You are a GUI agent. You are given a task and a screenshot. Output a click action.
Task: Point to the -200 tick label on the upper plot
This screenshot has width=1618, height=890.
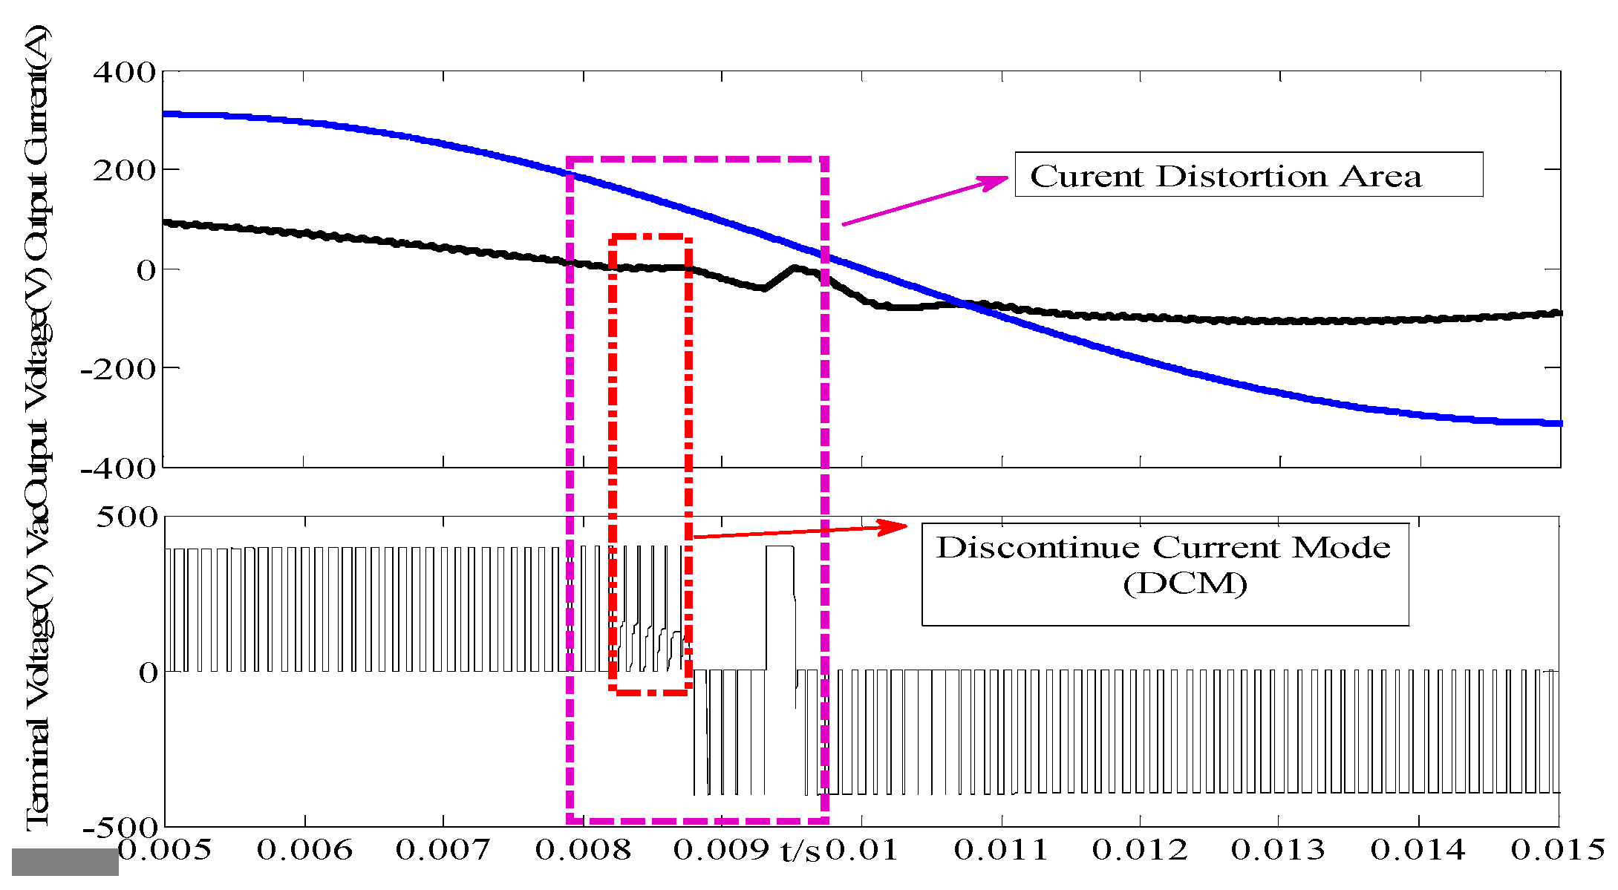(118, 368)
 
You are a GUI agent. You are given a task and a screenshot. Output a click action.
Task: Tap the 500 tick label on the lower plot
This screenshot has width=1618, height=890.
(127, 517)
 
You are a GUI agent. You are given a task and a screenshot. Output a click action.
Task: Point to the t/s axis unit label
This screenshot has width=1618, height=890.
(800, 851)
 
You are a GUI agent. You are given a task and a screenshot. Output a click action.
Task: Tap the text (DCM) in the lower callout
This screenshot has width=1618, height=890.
(1185, 584)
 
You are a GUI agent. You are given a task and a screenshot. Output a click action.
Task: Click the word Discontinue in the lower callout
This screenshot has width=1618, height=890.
(1038, 548)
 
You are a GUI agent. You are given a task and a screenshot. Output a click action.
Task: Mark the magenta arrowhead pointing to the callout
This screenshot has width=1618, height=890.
(995, 181)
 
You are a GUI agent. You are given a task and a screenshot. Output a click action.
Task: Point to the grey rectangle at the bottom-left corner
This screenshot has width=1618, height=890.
(65, 862)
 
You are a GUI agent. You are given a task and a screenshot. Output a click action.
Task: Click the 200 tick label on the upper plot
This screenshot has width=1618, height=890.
(124, 171)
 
